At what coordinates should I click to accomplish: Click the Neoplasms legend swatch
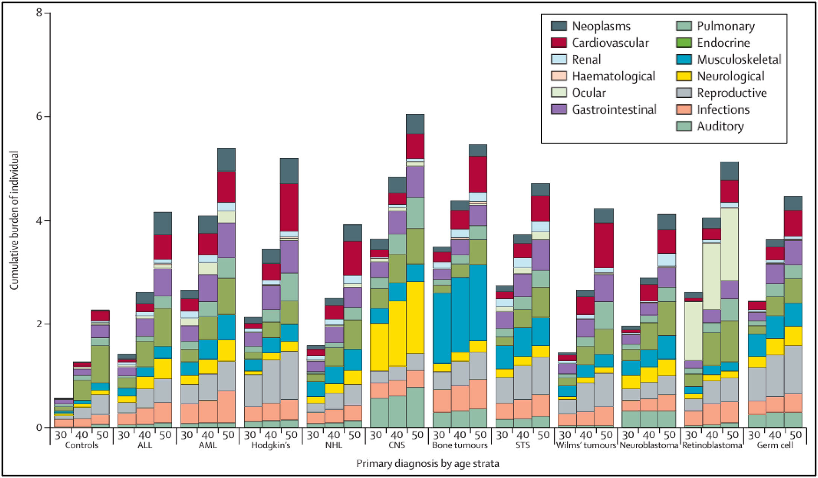point(558,26)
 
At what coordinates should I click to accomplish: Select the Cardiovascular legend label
point(610,43)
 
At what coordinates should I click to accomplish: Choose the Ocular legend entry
point(589,93)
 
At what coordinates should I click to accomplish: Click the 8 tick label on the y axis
point(39,13)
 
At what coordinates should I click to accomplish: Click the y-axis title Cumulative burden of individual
point(14,220)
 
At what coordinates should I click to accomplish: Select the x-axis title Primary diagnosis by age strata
point(428,463)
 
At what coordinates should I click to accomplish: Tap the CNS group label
point(397,445)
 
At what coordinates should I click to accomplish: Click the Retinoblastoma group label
point(712,445)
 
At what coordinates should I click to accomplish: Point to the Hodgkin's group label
point(271,445)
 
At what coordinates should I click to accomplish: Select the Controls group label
point(81,445)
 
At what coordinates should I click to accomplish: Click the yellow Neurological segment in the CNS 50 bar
point(415,317)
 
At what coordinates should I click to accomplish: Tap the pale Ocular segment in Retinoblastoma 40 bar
point(712,276)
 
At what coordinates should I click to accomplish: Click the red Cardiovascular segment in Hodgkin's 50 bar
point(289,207)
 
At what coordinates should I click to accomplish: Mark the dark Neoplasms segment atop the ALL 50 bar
point(163,223)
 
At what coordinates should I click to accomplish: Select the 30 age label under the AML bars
point(187,435)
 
